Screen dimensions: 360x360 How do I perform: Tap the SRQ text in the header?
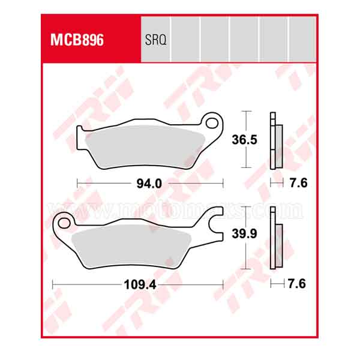155,41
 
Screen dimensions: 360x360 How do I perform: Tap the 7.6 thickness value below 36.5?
297,184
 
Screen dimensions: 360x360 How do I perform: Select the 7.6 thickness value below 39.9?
297,284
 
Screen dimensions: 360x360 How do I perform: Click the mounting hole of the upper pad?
212,124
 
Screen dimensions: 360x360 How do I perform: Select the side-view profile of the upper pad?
275,142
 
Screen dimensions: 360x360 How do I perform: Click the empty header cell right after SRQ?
185,40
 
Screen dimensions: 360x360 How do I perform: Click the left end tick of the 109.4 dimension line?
53,284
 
